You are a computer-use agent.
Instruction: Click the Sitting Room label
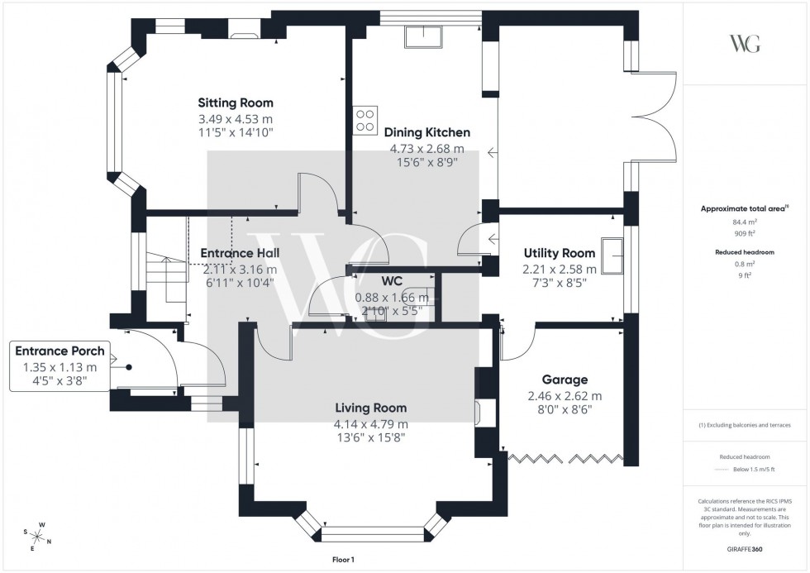[x=235, y=103]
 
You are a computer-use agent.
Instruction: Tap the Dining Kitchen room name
[x=426, y=132]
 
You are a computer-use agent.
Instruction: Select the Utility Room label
[x=559, y=253]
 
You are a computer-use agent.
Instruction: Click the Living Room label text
[x=370, y=408]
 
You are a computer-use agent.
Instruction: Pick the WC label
[x=392, y=281]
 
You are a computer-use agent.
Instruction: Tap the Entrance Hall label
[x=240, y=253]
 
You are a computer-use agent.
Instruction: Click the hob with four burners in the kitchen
[x=365, y=121]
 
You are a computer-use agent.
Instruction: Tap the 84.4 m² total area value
[x=746, y=222]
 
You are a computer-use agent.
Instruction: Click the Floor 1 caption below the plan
[x=340, y=561]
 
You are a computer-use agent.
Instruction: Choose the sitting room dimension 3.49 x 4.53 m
[x=235, y=118]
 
